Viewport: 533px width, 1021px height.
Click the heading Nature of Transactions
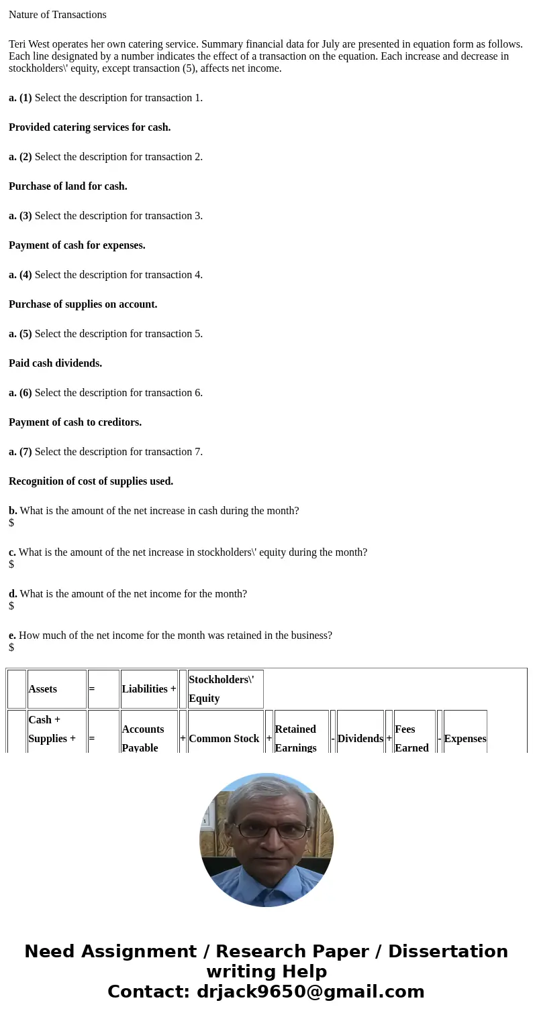pyautogui.click(x=58, y=15)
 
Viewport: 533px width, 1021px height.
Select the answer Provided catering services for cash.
pyautogui.click(x=89, y=127)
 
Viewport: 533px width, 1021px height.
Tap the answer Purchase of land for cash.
pyautogui.click(x=68, y=186)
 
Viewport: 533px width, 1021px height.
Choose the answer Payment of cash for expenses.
pyautogui.click(x=77, y=245)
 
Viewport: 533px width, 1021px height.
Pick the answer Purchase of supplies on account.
pyautogui.click(x=83, y=304)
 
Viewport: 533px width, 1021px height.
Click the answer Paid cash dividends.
pyautogui.click(x=55, y=363)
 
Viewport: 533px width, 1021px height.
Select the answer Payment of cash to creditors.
pyautogui.click(x=75, y=422)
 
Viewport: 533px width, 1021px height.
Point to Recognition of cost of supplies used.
pyautogui.click(x=91, y=481)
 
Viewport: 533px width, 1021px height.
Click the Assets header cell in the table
pyautogui.click(x=43, y=689)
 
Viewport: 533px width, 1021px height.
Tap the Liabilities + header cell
pyautogui.click(x=149, y=689)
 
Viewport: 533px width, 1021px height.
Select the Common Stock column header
pyautogui.click(x=224, y=739)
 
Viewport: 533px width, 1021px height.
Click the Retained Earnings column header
pyautogui.click(x=295, y=738)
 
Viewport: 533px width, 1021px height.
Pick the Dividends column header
pyautogui.click(x=360, y=739)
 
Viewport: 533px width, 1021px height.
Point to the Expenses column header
pyautogui.click(x=465, y=739)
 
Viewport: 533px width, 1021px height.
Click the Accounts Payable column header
pyautogui.click(x=143, y=738)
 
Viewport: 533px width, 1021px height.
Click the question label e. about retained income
pyautogui.click(x=13, y=636)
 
